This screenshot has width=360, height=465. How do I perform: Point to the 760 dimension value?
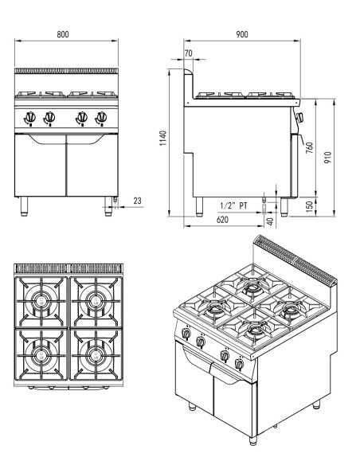(310, 148)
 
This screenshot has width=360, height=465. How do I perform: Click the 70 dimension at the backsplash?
(188, 53)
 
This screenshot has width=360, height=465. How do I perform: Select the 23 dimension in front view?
(136, 201)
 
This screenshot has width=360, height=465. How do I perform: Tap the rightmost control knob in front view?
(101, 118)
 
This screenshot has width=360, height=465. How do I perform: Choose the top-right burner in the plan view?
(94, 301)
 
